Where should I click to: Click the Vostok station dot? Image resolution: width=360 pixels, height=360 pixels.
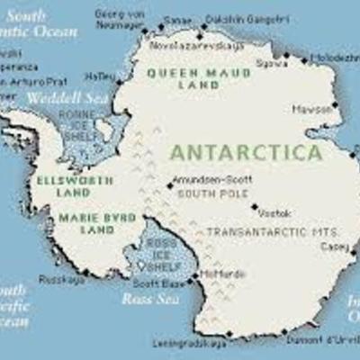pos(255,206)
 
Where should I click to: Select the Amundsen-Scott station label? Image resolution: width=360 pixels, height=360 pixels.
pos(208,179)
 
